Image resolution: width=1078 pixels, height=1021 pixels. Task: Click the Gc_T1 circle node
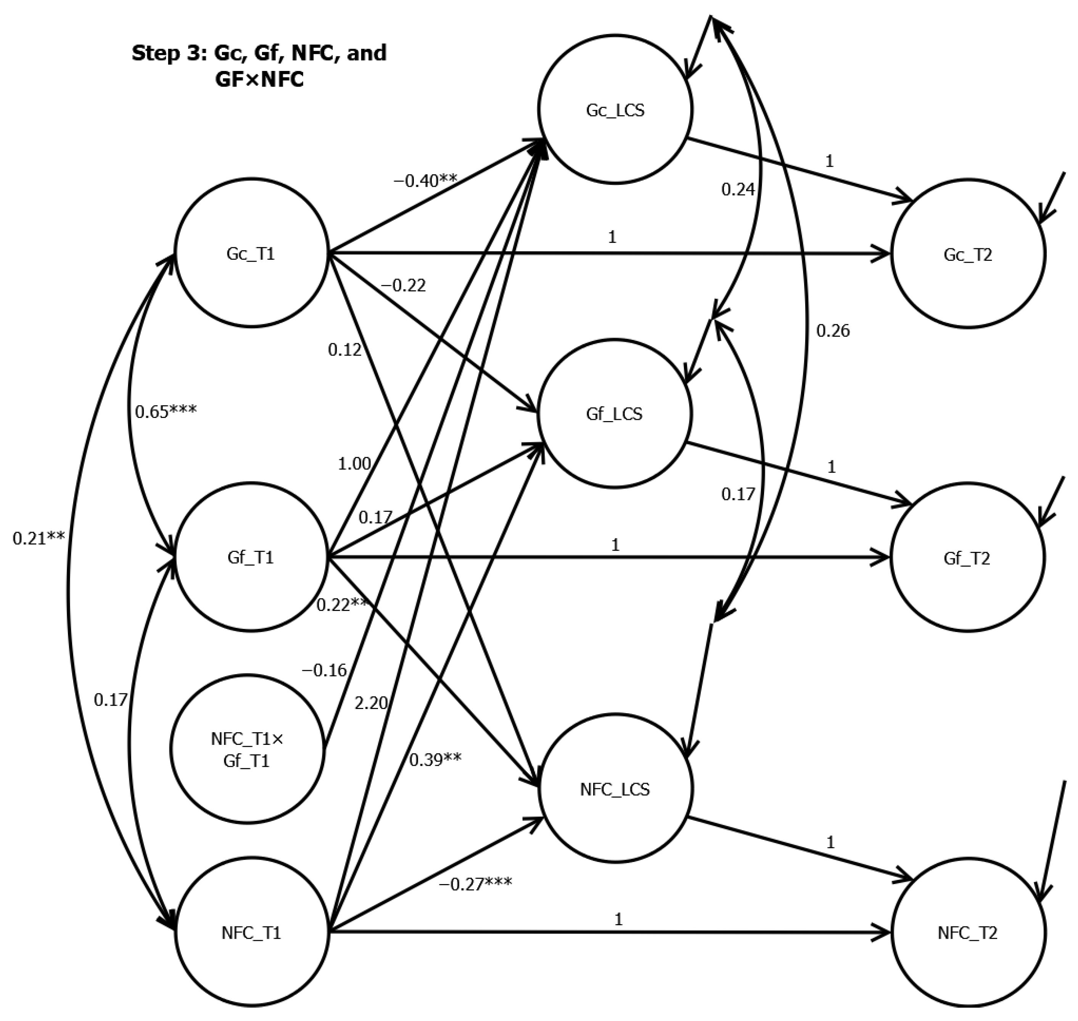point(251,254)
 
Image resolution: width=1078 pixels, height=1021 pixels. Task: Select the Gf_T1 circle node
point(251,557)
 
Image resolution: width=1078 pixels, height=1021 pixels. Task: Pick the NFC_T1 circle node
point(251,933)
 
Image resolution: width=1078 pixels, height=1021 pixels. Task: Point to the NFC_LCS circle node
point(615,789)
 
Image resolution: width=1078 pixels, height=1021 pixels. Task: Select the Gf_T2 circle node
point(967,558)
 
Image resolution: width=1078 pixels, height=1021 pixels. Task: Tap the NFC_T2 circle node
point(968,933)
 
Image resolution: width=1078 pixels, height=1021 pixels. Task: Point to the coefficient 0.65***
point(166,412)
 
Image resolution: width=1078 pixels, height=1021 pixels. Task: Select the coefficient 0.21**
point(39,538)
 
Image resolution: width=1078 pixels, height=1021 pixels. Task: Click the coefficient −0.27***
point(475,883)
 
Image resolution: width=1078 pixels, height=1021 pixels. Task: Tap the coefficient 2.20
point(371,703)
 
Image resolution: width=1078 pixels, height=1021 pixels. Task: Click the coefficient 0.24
point(738,190)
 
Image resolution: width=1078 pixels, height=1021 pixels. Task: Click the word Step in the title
point(158,53)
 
